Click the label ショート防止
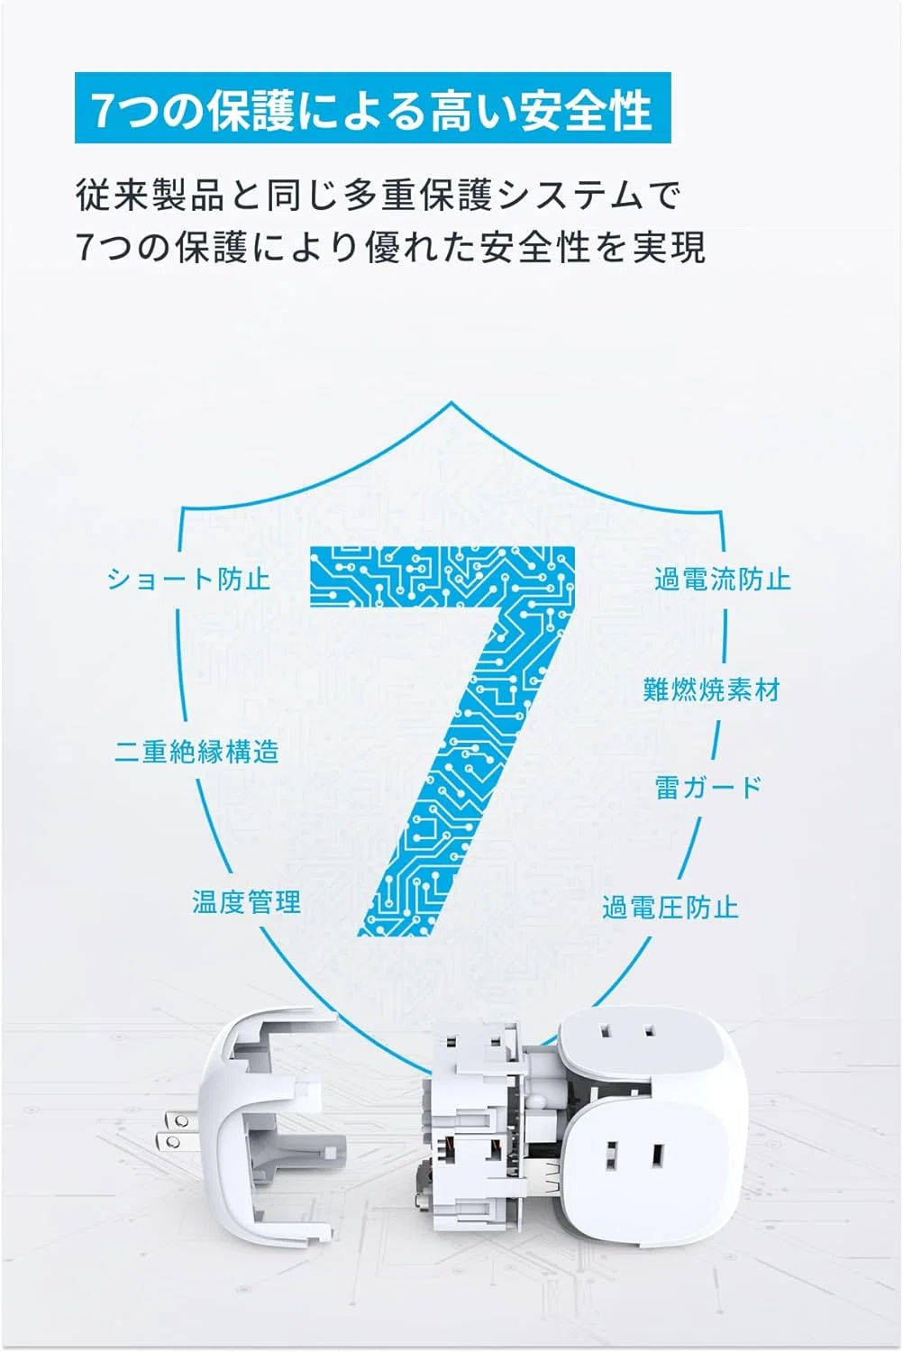click(188, 580)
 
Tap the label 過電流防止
click(723, 580)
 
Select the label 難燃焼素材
click(712, 690)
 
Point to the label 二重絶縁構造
click(196, 752)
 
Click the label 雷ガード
click(708, 789)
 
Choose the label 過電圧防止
click(670, 907)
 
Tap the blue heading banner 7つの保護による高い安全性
click(372, 108)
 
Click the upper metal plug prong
click(176, 1121)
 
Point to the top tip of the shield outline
click(451, 403)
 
